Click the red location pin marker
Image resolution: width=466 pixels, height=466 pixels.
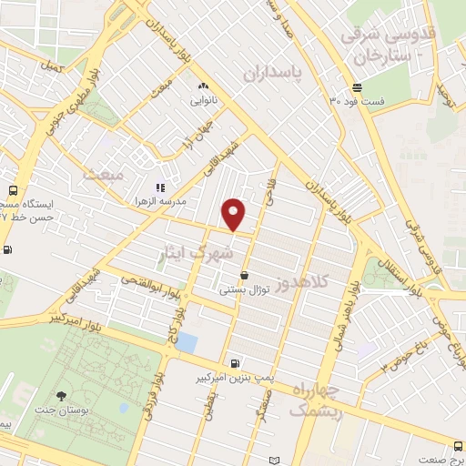234,215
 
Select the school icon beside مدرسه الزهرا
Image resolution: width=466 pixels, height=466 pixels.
160,187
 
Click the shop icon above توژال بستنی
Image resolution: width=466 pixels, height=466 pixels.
244,276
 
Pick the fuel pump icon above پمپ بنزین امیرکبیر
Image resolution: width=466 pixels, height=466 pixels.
237,361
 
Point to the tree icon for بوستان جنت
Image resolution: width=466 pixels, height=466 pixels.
61,396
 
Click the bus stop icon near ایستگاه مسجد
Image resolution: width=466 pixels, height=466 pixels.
12,191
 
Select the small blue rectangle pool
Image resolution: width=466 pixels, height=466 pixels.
187,342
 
